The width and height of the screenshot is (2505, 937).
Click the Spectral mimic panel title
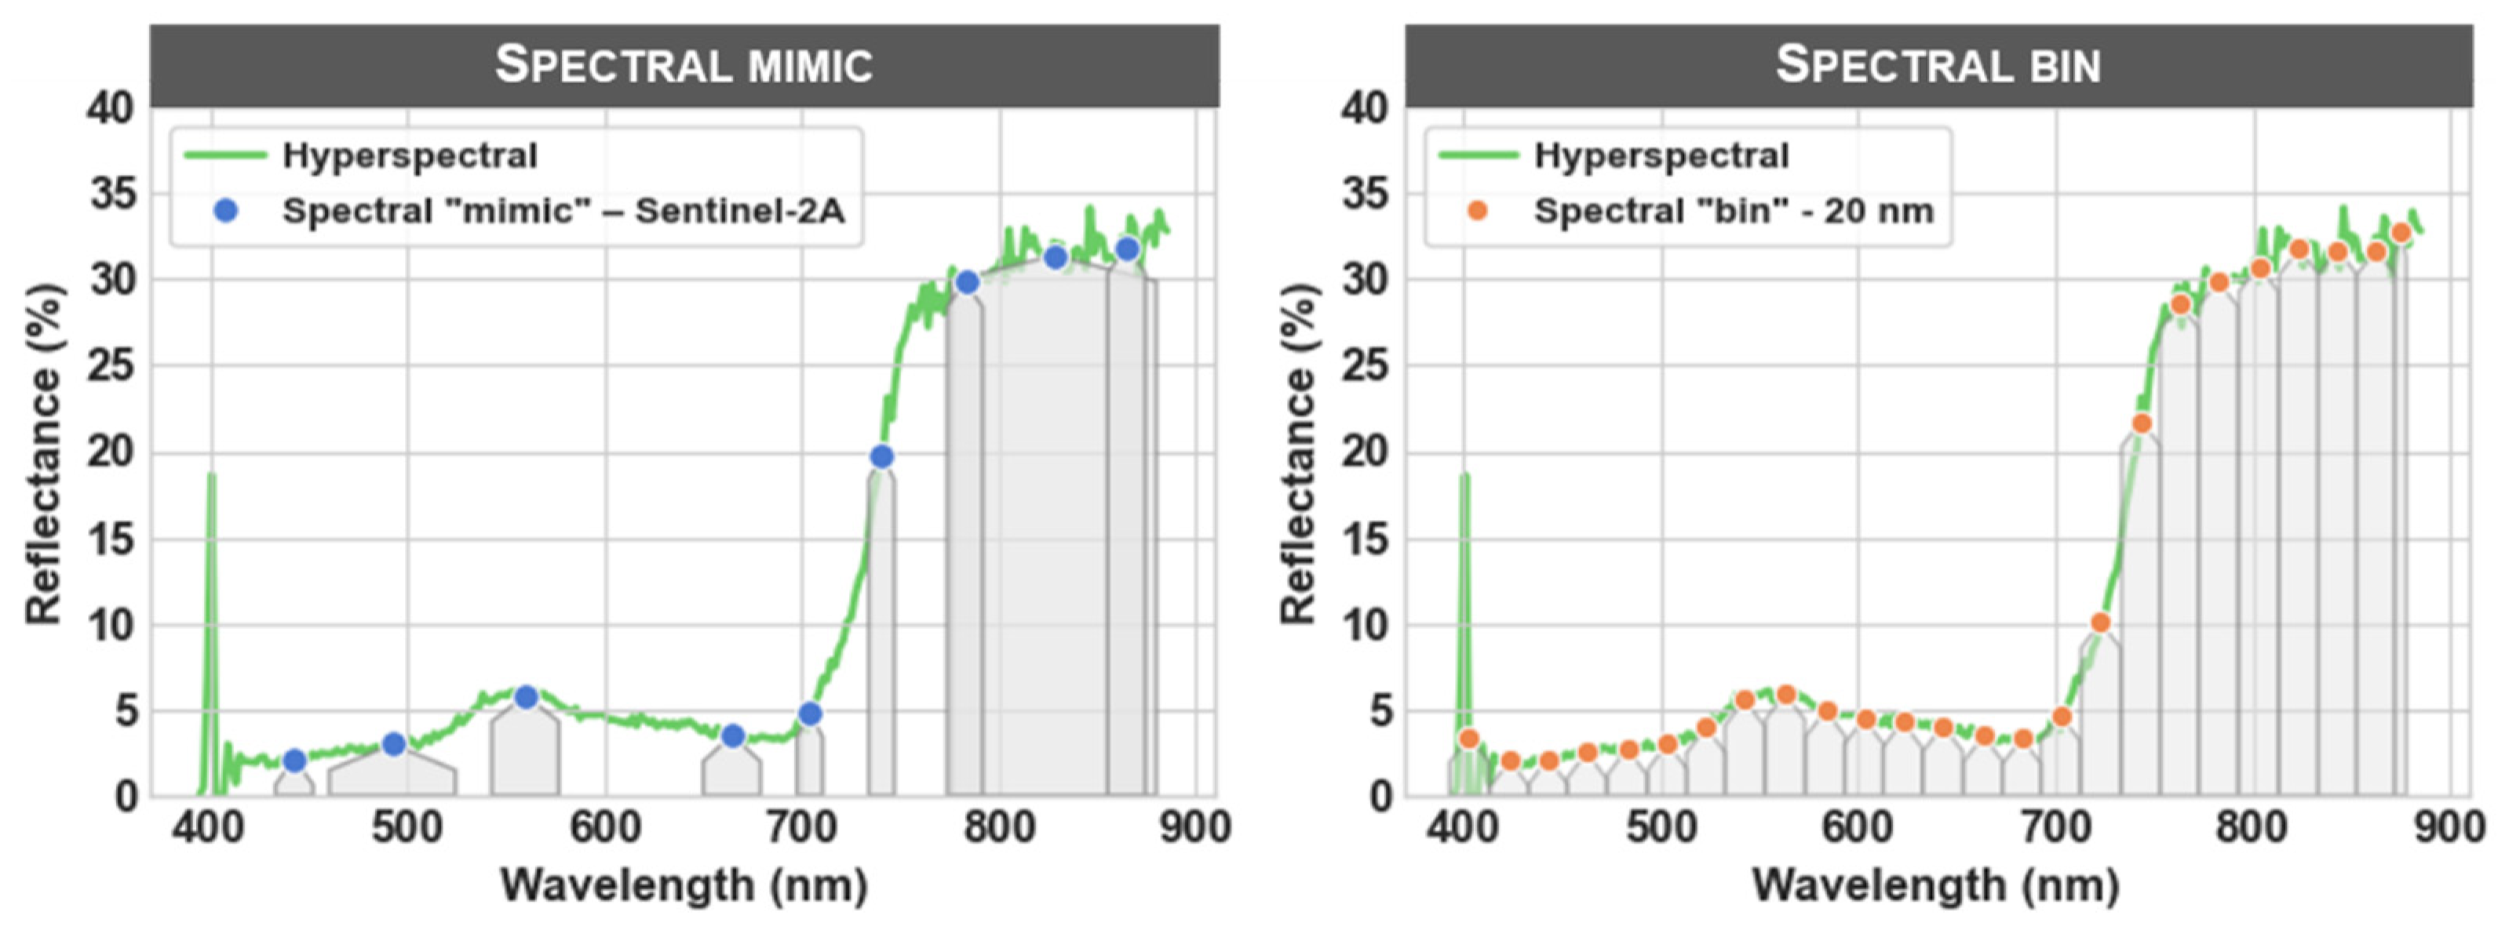684,65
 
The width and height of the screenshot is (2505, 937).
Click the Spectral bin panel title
1938,65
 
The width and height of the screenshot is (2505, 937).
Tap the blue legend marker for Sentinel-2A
225,211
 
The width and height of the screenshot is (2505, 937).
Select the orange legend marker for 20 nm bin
1477,211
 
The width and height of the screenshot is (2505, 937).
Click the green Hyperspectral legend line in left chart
225,155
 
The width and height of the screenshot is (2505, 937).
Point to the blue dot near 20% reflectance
882,457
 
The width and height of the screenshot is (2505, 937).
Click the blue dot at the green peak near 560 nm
526,697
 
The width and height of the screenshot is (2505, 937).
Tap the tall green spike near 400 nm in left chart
211,544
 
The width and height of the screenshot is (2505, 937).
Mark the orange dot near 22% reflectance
2142,423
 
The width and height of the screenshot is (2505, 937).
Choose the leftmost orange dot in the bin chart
1469,739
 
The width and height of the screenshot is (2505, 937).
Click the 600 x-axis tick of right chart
1858,828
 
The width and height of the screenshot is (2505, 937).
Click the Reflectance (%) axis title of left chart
44,453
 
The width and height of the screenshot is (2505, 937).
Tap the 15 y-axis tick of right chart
1366,539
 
